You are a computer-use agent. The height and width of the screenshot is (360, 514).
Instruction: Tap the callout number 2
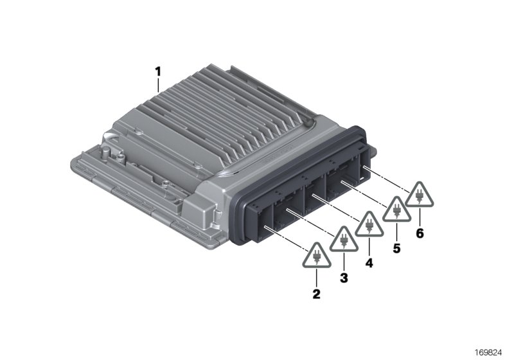(316, 295)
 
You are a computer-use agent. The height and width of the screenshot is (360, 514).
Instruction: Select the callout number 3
(344, 278)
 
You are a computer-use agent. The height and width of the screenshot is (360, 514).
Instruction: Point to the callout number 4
(369, 262)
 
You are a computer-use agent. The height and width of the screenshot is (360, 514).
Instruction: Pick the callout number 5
(396, 248)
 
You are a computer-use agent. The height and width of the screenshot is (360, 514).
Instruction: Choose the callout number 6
(420, 233)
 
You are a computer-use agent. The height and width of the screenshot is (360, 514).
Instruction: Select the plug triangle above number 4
(369, 224)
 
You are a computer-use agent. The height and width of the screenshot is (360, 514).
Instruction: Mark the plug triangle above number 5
(396, 210)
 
